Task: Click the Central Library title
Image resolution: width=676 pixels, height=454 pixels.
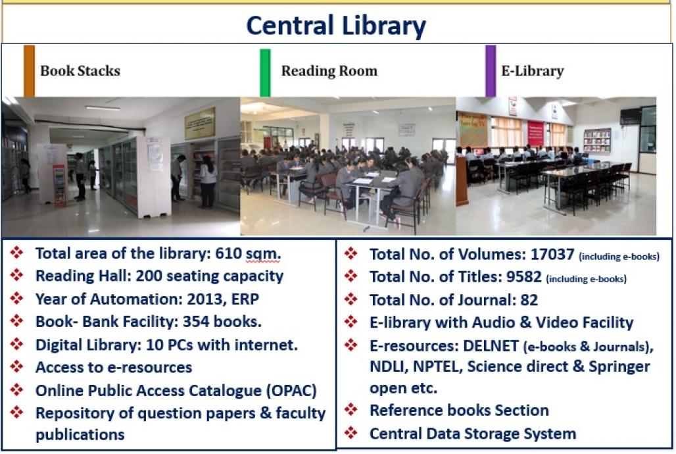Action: tap(336, 26)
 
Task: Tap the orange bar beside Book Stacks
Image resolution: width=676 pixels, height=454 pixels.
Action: tap(29, 71)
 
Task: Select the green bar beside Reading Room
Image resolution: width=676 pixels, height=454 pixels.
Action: tap(265, 72)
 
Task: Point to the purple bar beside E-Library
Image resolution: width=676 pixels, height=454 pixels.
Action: tap(491, 71)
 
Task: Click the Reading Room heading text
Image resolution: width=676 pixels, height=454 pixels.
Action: tap(329, 71)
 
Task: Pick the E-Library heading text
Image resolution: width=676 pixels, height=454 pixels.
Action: tap(533, 71)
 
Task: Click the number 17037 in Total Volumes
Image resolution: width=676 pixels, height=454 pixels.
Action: tap(552, 254)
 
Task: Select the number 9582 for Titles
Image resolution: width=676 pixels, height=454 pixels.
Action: tap(524, 276)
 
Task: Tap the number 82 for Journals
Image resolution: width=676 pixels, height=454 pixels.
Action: tap(529, 300)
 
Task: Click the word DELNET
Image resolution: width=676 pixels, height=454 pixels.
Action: tap(491, 345)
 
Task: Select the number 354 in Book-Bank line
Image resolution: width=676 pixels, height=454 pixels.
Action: tap(196, 322)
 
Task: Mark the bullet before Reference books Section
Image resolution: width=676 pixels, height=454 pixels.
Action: tap(351, 410)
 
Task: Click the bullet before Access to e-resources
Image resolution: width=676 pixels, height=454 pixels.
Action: tap(17, 367)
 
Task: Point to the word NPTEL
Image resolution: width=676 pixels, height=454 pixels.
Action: tap(437, 366)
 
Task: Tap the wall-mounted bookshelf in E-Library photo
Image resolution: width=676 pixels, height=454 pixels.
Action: tap(597, 140)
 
